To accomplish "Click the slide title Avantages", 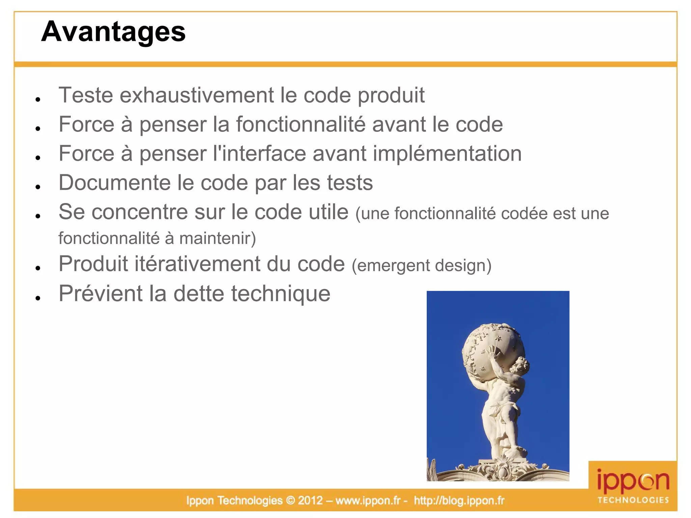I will coord(113,32).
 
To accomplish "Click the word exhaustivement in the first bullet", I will coord(197,95).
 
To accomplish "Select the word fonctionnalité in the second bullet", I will coord(301,124).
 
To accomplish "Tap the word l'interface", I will coord(259,154).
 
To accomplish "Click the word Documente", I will coord(114,183).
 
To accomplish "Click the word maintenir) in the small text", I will coord(218,238).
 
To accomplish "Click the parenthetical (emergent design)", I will coord(421,265).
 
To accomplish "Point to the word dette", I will coord(199,293).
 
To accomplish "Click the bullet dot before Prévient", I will coord(38,298).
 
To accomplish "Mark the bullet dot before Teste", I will coord(38,99).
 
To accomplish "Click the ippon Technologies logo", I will coord(633,486).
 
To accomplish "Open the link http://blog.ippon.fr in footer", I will coord(459,500).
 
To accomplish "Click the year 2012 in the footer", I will coord(310,500).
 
